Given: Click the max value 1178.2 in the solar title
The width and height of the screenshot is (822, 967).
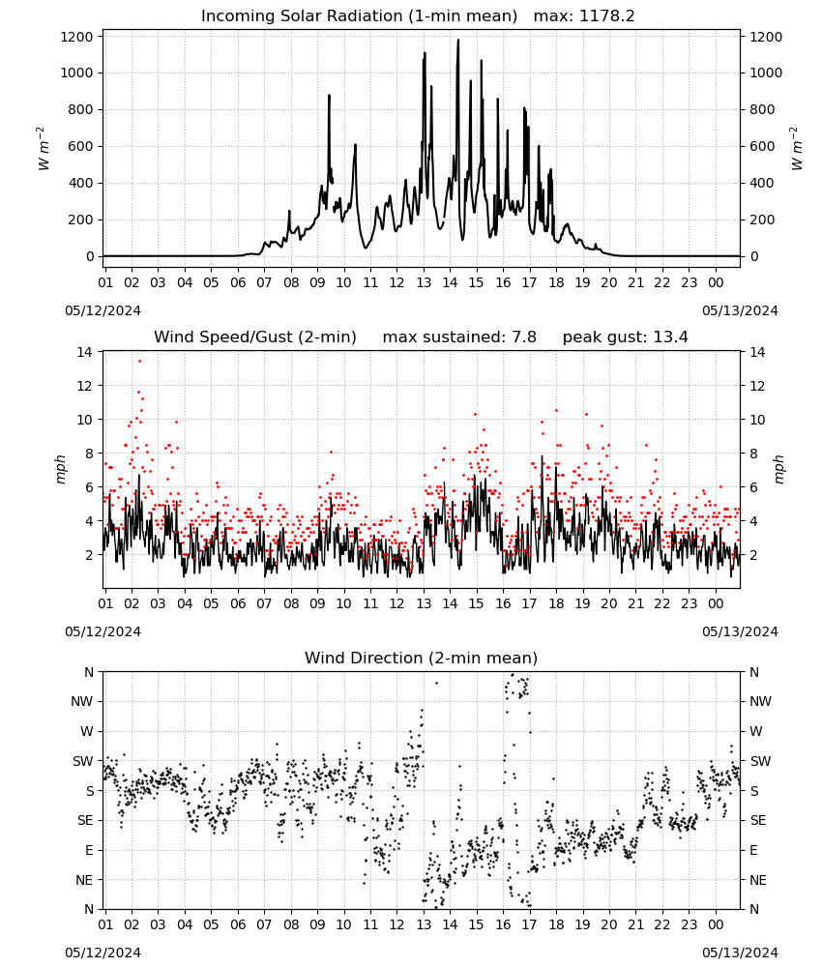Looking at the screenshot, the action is click(x=606, y=16).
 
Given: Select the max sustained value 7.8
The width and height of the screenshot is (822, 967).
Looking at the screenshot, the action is click(x=523, y=337).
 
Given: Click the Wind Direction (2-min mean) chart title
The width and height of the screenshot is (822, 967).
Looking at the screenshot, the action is click(x=422, y=658).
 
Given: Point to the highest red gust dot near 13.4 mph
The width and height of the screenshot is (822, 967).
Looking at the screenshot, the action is click(x=139, y=361).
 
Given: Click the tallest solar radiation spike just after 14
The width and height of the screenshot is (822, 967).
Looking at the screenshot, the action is click(x=458, y=40).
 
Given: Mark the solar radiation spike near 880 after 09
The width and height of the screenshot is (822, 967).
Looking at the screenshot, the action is click(x=330, y=96).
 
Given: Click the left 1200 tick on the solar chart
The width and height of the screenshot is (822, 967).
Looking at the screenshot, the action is click(x=77, y=37).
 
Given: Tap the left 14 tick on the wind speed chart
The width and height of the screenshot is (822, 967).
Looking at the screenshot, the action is click(x=84, y=352).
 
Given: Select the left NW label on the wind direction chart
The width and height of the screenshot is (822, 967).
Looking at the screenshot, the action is click(x=82, y=701).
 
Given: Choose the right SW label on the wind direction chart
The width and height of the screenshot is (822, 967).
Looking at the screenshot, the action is click(x=760, y=761).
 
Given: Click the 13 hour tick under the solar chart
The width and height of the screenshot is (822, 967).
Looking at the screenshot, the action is click(x=424, y=282).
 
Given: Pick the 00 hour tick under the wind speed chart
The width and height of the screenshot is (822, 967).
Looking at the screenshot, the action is click(x=716, y=603).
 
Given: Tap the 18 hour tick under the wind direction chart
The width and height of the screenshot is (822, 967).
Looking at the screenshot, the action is click(x=556, y=924).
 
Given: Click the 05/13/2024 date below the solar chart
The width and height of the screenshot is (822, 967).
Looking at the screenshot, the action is click(x=740, y=310).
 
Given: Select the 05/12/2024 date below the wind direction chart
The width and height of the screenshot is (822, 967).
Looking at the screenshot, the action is click(x=103, y=952).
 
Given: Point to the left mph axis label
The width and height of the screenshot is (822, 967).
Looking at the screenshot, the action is click(x=60, y=469).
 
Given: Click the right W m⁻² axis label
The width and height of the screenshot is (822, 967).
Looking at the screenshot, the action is click(x=796, y=148).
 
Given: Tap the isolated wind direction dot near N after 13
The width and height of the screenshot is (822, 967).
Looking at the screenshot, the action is click(x=436, y=683).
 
